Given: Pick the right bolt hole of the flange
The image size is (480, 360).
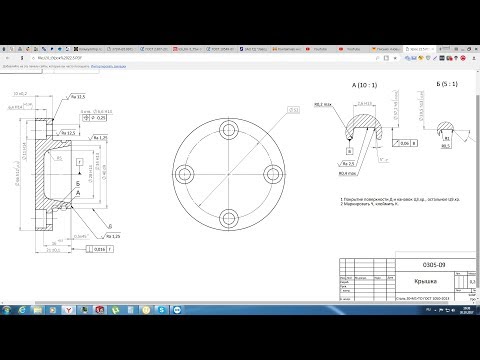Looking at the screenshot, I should tap(275, 172).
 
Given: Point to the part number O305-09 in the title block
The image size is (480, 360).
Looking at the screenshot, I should tap(422, 263).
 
